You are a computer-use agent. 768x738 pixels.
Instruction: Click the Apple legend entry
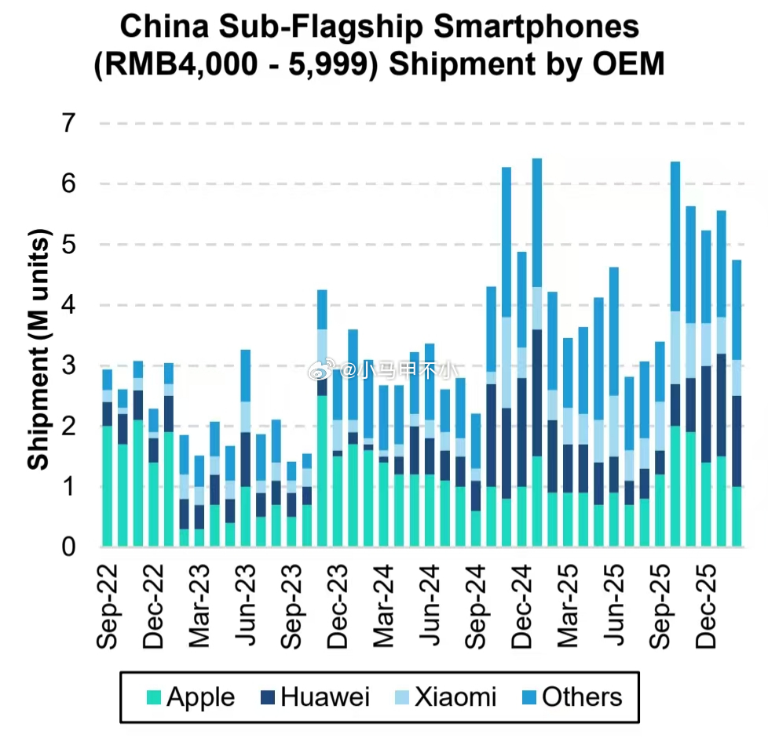190,696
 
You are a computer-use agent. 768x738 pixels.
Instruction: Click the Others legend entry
572,696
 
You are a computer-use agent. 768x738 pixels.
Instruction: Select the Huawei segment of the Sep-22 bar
108,414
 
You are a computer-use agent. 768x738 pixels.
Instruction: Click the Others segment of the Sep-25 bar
675,235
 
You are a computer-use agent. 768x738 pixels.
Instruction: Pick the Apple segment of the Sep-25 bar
675,486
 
